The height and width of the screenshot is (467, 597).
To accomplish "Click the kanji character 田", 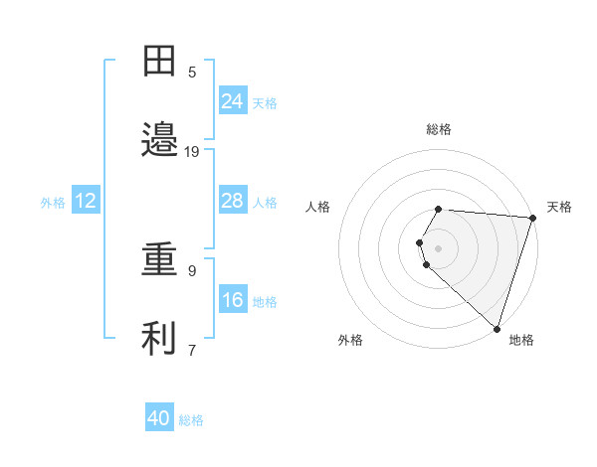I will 159,61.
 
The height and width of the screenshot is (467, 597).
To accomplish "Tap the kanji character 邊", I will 159,140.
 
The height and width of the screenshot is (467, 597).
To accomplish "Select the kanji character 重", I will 159,259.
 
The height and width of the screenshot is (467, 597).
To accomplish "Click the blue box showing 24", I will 233,100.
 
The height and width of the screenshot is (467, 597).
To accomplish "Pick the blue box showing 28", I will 233,201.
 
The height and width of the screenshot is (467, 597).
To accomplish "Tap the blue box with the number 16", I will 233,300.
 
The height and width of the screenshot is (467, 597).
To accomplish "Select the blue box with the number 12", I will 86,201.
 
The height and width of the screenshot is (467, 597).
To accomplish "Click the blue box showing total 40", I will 159,418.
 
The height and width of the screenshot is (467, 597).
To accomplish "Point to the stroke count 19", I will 192,151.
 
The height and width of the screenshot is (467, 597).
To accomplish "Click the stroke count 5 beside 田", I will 192,72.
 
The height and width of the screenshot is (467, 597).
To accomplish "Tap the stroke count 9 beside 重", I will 192,270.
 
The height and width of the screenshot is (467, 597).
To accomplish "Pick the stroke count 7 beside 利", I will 192,350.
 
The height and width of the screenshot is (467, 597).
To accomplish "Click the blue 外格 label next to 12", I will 53,202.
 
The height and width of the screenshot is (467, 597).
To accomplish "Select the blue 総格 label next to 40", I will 191,420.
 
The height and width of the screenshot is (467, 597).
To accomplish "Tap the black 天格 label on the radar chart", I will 559,207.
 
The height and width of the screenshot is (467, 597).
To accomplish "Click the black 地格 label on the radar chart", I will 521,340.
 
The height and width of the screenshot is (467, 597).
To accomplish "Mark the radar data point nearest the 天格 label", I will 532,218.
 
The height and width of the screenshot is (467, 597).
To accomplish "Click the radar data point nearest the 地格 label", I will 497,328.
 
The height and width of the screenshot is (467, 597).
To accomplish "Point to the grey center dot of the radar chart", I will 438,247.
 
